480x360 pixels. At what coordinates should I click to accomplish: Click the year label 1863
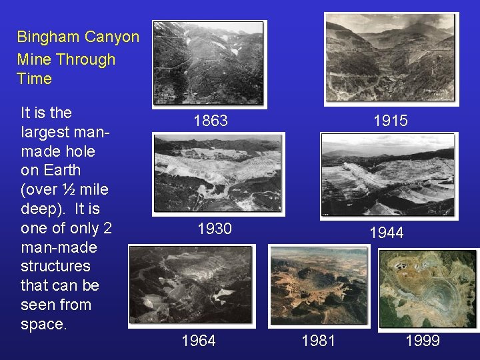pos(211,121)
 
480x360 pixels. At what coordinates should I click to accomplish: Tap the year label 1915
pos(391,121)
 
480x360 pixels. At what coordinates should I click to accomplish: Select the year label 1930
pos(215,229)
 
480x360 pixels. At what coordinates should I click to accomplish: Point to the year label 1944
pos(387,233)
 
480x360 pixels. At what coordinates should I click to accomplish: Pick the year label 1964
pos(199,341)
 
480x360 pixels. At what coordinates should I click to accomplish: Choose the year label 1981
pos(319,341)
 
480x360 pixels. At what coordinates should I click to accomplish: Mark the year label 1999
pos(423,341)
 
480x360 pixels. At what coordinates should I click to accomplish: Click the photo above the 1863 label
pos(209,63)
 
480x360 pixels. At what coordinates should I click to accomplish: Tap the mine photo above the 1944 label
pos(389,175)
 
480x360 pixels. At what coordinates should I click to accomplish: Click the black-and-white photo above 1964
pos(192,286)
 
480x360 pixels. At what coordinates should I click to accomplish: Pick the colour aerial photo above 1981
pos(318,286)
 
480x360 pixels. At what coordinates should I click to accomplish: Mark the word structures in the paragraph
pos(55,266)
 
